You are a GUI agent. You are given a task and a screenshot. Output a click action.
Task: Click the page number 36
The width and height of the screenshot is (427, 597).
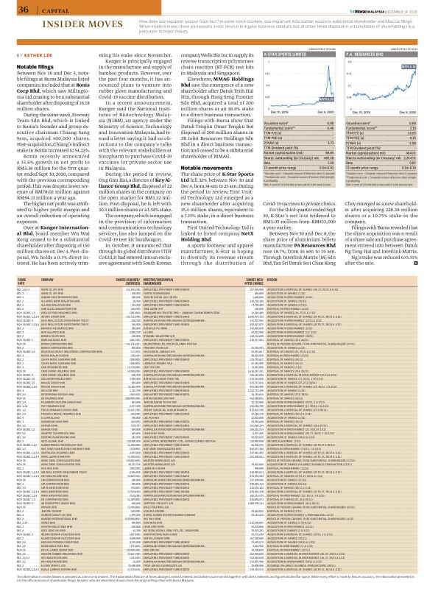(x=13, y=10)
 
